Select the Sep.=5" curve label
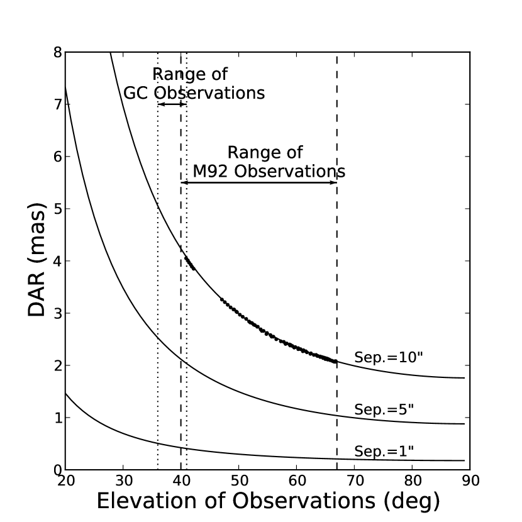click(x=383, y=409)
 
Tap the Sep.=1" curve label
click(x=383, y=451)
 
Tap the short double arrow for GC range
click(x=172, y=104)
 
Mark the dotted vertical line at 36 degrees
click(x=158, y=283)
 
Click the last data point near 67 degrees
click(x=335, y=362)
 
